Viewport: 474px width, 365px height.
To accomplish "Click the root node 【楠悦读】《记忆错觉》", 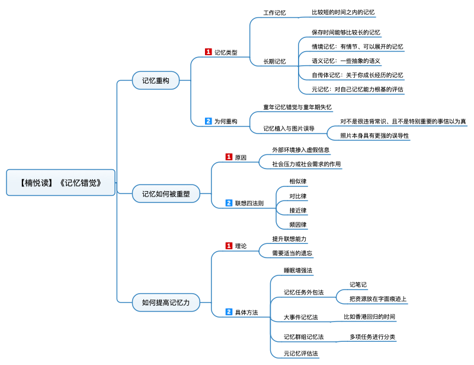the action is [61, 182].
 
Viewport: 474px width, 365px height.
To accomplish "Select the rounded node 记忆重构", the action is [156, 80].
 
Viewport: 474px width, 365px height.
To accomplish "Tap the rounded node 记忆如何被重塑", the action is [166, 193].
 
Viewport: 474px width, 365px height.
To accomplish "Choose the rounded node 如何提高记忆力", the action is [166, 302].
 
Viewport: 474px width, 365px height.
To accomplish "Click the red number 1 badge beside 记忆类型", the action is [209, 52].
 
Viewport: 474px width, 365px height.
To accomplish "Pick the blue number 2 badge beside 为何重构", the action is [209, 121].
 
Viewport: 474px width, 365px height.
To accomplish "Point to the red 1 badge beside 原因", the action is [229, 157].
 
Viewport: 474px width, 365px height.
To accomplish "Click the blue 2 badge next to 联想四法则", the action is [229, 203].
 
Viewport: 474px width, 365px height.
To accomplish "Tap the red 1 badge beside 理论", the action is [229, 246].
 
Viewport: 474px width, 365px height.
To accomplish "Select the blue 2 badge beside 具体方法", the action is [229, 312].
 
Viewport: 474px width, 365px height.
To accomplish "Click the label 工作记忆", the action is [274, 12].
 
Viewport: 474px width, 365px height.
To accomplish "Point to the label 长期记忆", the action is [274, 62].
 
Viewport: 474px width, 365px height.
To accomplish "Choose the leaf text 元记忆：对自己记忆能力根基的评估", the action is [357, 90].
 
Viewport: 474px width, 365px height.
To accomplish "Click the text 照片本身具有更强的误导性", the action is [374, 135].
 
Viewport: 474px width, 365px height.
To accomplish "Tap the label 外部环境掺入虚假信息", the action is [301, 150].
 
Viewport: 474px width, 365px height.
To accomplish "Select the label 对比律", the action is [298, 196].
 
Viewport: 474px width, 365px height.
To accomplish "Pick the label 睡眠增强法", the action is [298, 270].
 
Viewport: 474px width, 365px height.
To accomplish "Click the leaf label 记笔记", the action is [358, 284].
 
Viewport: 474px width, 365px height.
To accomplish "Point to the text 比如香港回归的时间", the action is [369, 316].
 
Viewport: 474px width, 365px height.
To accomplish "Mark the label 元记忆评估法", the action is [301, 353].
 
